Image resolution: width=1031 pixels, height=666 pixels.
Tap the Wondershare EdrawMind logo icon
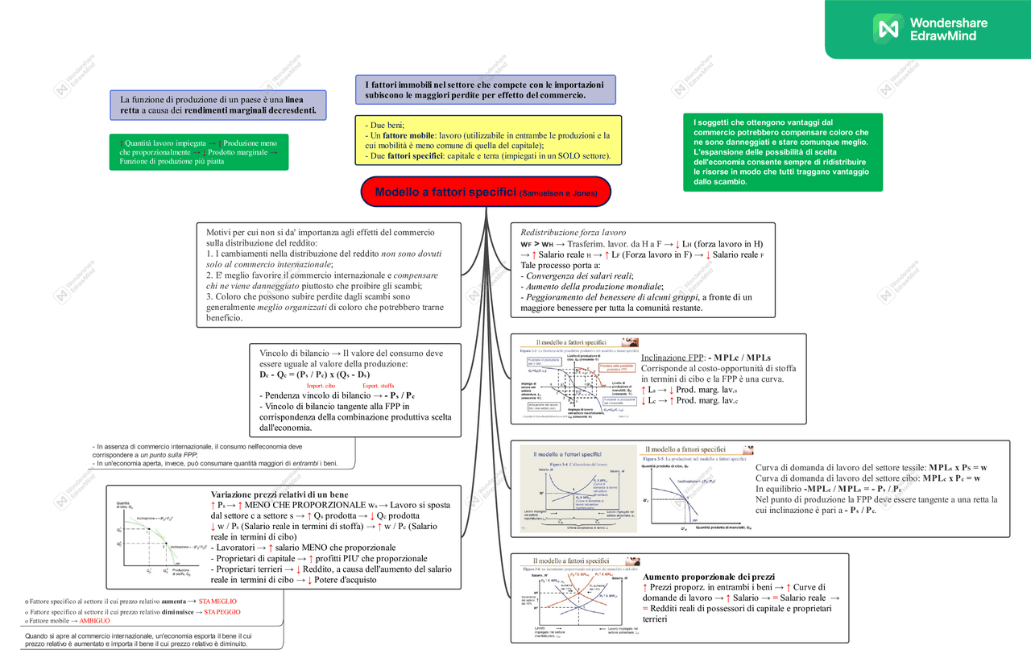point(889,29)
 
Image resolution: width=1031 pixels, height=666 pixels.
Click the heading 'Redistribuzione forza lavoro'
point(573,232)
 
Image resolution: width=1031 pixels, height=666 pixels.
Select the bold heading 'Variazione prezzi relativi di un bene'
point(280,494)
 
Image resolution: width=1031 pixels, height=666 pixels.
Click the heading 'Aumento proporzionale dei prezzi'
point(709,577)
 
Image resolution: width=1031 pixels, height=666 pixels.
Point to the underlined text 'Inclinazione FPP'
point(672,358)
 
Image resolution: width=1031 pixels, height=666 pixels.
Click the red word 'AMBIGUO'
point(94,622)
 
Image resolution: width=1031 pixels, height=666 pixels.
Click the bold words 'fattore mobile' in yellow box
point(404,135)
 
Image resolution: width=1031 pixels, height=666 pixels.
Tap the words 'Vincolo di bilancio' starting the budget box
point(294,353)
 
